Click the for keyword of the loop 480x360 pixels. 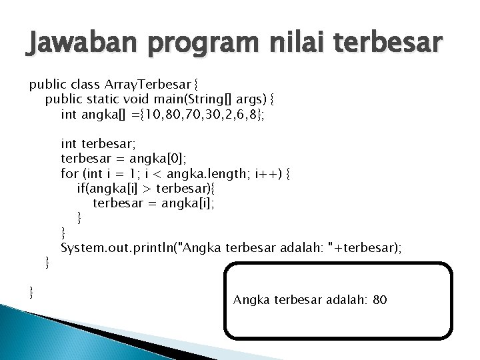(69, 173)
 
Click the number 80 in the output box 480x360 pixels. (379, 300)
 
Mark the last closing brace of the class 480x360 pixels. (32, 291)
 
